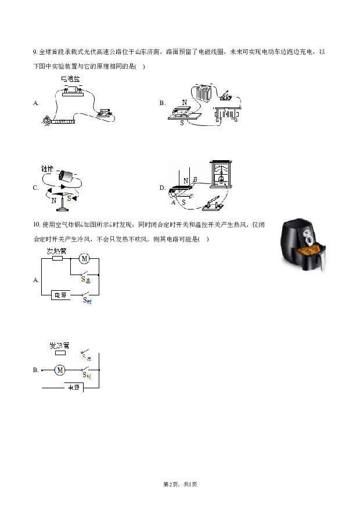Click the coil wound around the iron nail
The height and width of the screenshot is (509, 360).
pos(62,121)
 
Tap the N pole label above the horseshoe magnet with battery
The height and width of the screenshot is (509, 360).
pos(185,102)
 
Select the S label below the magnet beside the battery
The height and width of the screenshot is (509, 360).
pos(182,123)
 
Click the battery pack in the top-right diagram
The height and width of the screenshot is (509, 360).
pos(203,93)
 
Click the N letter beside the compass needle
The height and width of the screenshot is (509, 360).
pos(54,201)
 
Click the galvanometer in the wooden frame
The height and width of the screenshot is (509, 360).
pos(220,175)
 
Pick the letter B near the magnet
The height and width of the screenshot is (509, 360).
pos(195,181)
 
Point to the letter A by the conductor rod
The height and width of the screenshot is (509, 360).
pos(173,201)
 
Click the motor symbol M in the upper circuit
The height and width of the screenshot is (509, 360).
pos(83,258)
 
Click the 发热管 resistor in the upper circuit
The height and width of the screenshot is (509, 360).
pos(57,258)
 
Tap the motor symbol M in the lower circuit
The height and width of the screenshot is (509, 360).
pos(59,369)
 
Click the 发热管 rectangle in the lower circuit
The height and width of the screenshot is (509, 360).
pos(60,352)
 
